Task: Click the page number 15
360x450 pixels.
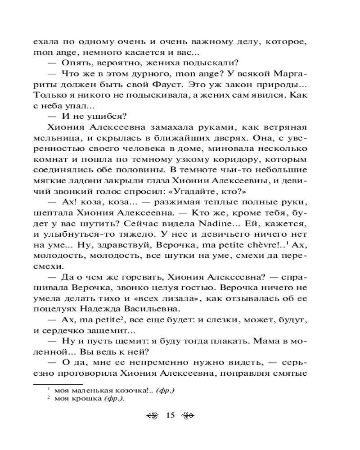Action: click(170, 415)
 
